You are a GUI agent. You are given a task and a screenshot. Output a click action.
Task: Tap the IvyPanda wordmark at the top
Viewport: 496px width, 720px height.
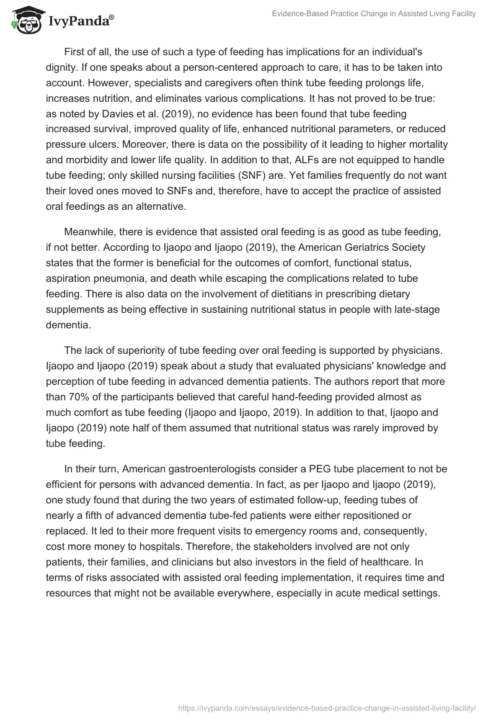click(80, 21)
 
